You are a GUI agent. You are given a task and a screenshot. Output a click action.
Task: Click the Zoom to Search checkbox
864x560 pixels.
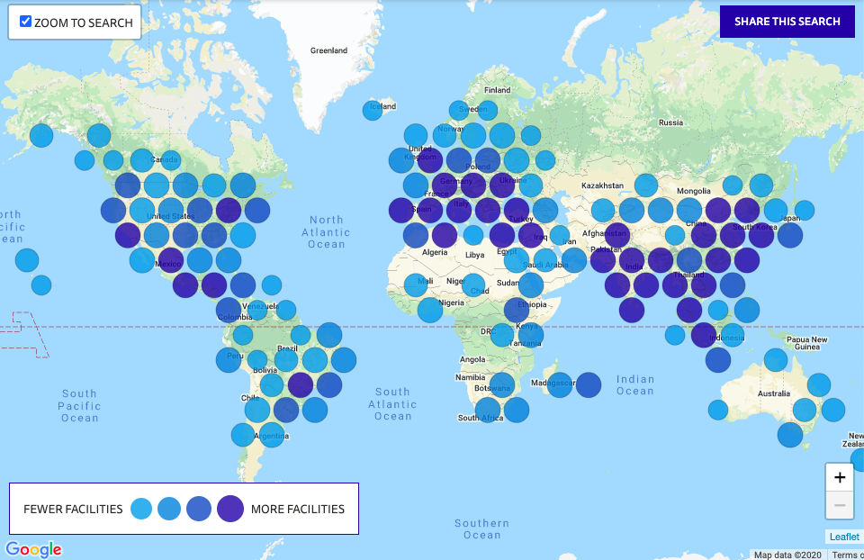click(x=25, y=22)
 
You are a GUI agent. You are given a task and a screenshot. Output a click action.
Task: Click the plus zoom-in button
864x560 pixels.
click(x=839, y=477)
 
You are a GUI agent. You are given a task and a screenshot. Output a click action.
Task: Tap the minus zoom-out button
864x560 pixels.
click(x=839, y=505)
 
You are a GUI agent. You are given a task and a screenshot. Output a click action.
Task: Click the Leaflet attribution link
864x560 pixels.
click(x=844, y=537)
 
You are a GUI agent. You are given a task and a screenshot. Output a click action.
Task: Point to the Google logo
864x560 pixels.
click(x=33, y=549)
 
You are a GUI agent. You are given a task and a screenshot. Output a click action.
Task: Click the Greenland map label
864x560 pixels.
click(x=328, y=50)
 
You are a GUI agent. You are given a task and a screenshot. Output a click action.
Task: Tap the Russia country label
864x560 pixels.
click(x=670, y=122)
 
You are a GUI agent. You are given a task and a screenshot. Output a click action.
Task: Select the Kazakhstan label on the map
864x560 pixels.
click(x=602, y=185)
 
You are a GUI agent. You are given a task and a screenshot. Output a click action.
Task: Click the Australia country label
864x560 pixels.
click(x=773, y=393)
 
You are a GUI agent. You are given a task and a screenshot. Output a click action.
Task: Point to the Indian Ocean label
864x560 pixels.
click(x=635, y=385)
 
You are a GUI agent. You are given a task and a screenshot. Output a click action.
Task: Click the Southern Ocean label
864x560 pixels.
click(x=481, y=528)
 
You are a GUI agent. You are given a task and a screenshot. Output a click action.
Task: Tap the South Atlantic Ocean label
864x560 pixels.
click(x=392, y=404)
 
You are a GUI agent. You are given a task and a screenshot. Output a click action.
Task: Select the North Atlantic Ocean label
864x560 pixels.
click(x=327, y=231)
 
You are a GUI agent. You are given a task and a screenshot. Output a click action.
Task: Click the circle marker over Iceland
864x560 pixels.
click(x=373, y=110)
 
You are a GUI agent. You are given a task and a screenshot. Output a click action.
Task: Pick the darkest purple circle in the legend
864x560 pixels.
click(x=229, y=509)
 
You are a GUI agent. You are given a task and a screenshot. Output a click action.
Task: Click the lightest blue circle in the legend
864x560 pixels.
click(x=141, y=509)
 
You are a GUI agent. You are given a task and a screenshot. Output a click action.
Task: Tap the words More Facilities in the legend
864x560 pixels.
click(x=297, y=509)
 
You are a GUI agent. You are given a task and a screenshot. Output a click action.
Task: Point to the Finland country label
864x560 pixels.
click(x=497, y=90)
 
